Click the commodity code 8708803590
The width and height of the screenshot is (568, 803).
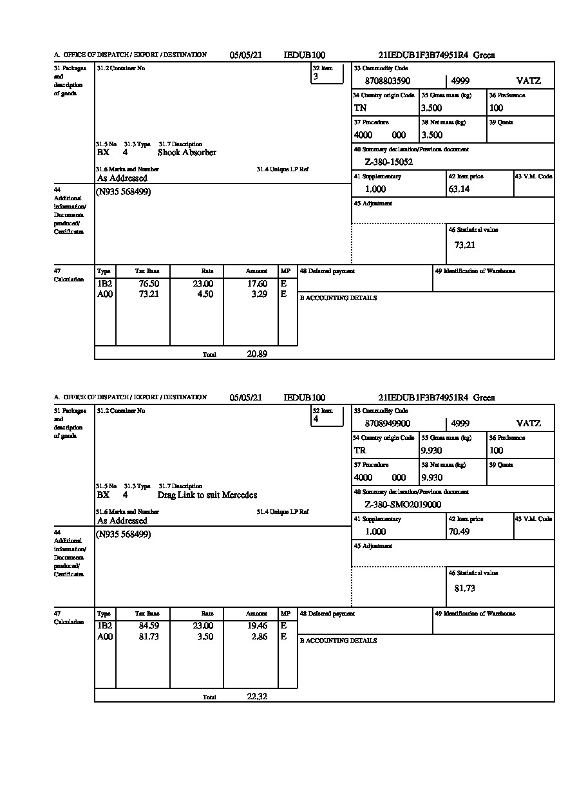tap(387, 81)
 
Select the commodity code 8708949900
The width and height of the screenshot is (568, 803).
tap(387, 424)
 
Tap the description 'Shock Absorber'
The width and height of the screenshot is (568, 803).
tap(187, 153)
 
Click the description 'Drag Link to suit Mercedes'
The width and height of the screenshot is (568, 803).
tap(207, 495)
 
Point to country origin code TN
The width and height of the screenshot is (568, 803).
tap(360, 108)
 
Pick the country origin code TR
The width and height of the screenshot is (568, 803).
tap(360, 451)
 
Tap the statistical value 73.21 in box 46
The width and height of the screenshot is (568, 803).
tap(464, 245)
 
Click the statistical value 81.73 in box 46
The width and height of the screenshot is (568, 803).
tap(464, 588)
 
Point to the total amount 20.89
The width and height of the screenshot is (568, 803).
tap(257, 354)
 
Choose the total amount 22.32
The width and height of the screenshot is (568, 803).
tap(257, 696)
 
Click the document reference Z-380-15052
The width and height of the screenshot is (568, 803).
tap(388, 162)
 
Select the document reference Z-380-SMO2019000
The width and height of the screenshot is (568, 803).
tap(402, 505)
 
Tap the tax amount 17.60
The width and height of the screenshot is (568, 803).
tap(257, 284)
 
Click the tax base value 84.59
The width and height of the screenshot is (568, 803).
tap(149, 627)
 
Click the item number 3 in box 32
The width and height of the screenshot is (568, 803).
tap(316, 77)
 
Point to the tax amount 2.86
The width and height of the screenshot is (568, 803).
tap(258, 637)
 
